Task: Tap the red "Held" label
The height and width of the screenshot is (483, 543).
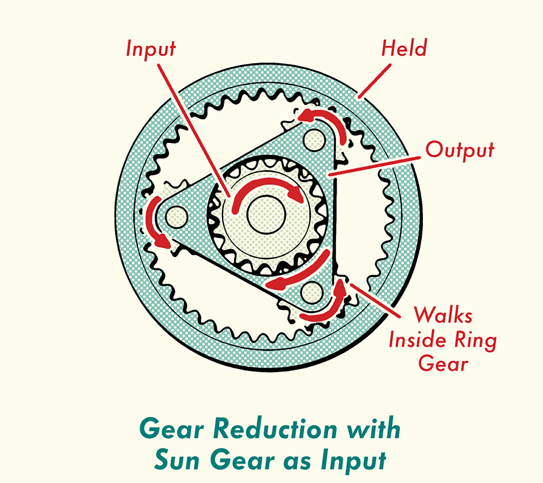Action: pyautogui.click(x=404, y=48)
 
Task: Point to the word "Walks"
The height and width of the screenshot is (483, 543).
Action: pyautogui.click(x=443, y=315)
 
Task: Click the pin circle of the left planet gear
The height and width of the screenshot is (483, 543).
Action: pyautogui.click(x=176, y=216)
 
